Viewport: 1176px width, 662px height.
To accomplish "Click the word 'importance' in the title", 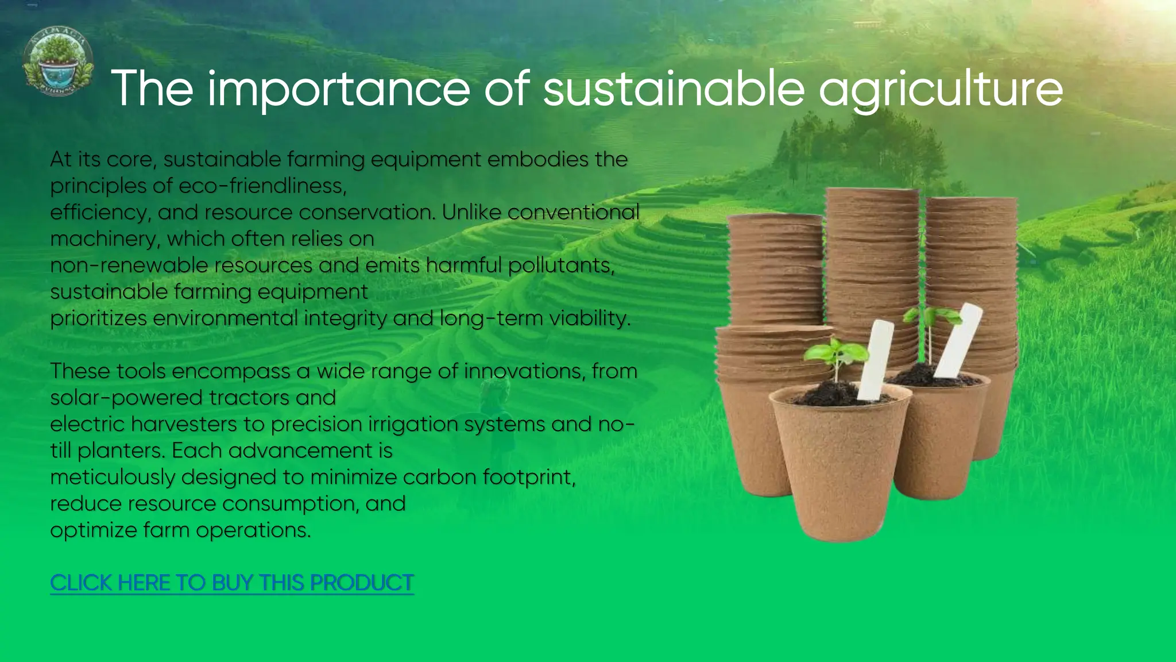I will pyautogui.click(x=338, y=89).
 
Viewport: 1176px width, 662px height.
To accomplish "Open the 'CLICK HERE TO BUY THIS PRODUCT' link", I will pyautogui.click(x=231, y=583).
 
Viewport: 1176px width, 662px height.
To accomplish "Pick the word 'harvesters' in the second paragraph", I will pyautogui.click(x=184, y=424).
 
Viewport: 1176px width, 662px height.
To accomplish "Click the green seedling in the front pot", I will pyautogui.click(x=835, y=353).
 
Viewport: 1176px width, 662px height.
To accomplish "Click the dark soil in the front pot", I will pyautogui.click(x=827, y=395).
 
